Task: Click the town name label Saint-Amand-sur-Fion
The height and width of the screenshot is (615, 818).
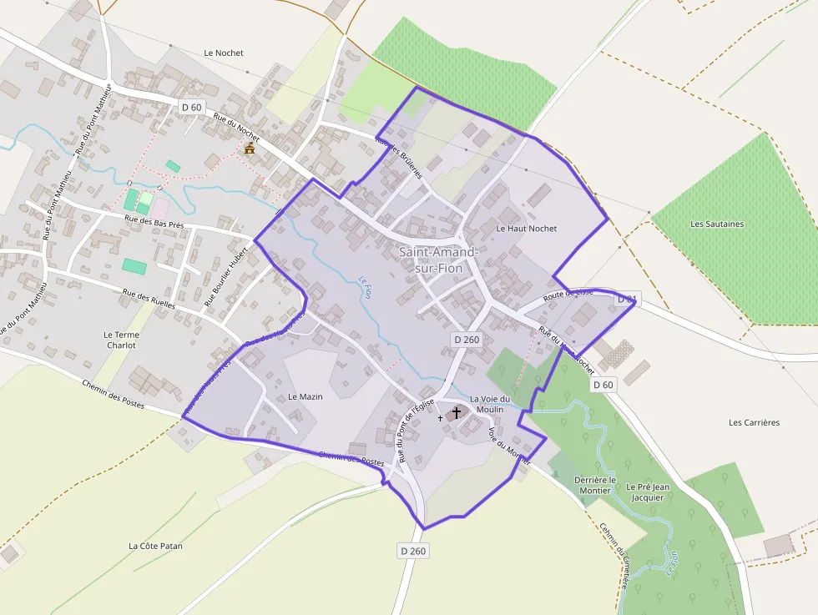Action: [439, 260]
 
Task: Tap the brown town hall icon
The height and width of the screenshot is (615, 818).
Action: [249, 149]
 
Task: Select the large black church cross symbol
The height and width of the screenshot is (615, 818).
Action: [457, 412]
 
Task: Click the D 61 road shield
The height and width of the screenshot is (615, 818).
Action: [627, 299]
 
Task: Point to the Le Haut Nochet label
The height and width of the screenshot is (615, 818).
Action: [526, 228]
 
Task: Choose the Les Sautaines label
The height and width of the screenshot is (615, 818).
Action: [717, 224]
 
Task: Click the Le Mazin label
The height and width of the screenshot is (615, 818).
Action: [305, 396]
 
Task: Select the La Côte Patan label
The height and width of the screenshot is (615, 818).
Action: [155, 546]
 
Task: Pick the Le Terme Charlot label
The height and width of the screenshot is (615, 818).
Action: [122, 340]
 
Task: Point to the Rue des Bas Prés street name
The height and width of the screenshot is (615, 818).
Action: [154, 222]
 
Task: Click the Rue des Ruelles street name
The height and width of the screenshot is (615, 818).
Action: [149, 299]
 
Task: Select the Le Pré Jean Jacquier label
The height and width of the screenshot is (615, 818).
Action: [648, 491]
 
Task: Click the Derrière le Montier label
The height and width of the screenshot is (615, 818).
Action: [595, 485]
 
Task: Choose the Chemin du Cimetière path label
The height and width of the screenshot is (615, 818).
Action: [613, 555]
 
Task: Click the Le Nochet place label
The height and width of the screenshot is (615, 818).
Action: [224, 53]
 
